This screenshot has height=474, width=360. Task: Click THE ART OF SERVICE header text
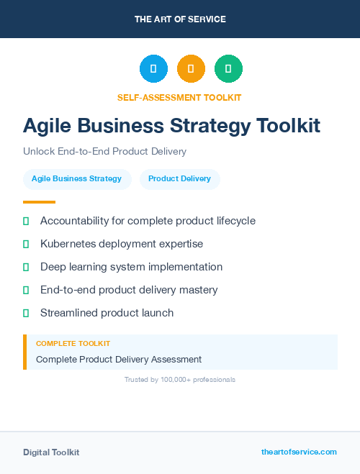[x=180, y=19]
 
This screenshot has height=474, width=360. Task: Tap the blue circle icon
[x=153, y=69]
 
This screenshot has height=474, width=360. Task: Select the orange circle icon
[x=191, y=69]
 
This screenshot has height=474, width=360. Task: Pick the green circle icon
[x=228, y=69]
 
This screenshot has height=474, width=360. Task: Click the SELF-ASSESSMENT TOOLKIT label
[x=179, y=97]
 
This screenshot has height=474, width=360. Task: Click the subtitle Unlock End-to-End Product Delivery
[x=104, y=152]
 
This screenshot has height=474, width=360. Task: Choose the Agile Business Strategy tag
[x=77, y=179]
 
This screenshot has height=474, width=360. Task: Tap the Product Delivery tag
[x=179, y=179]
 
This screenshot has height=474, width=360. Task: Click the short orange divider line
[x=39, y=202]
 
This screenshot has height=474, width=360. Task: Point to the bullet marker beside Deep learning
[x=26, y=267]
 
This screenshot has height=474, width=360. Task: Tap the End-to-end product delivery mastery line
[x=129, y=290]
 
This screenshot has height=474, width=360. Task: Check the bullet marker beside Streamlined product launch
[x=26, y=313]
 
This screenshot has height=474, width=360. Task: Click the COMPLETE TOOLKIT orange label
[x=73, y=344]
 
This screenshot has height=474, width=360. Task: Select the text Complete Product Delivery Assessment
[x=119, y=359]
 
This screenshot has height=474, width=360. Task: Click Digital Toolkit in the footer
[x=51, y=452]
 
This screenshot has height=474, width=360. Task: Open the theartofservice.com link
[x=299, y=452]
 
